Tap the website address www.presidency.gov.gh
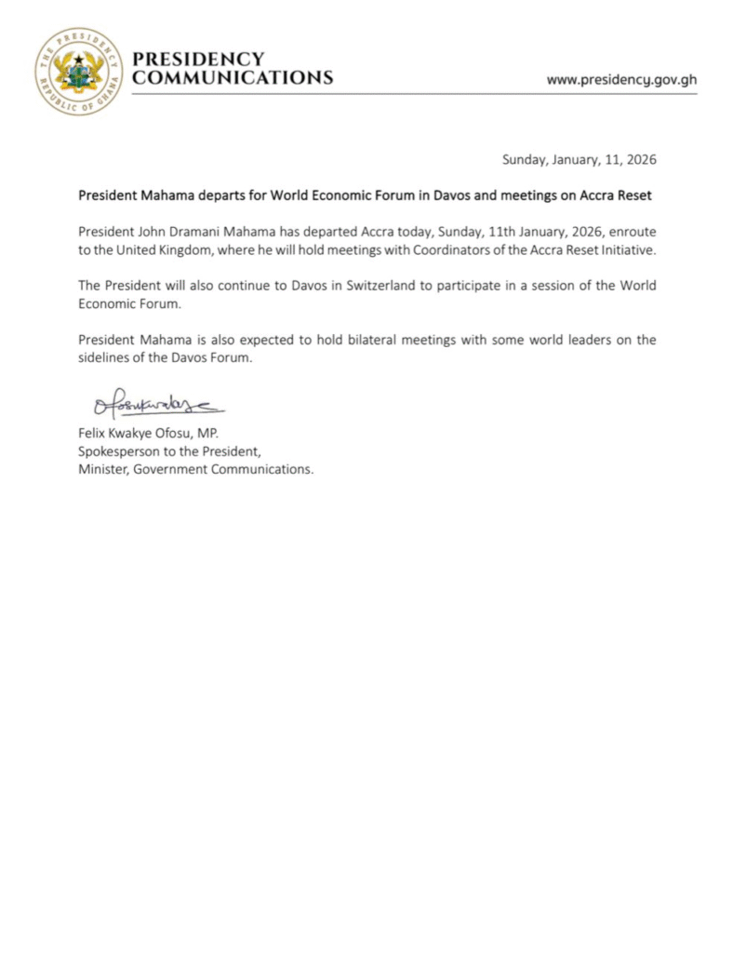(621, 79)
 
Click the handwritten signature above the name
(158, 406)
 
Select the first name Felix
(93, 433)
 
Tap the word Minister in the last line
(103, 469)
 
